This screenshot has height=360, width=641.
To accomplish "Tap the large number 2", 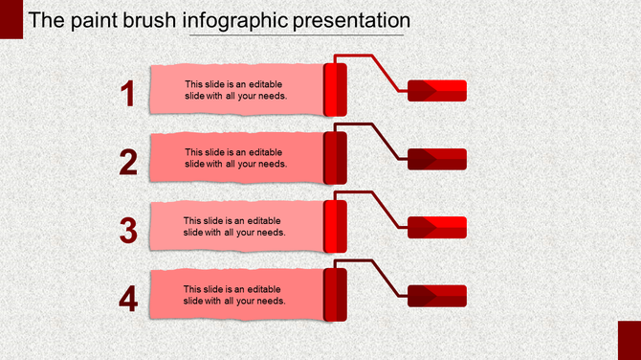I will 129,163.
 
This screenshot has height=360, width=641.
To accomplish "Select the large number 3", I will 129,231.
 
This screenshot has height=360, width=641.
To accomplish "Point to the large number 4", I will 129,300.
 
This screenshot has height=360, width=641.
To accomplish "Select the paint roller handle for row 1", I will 437,91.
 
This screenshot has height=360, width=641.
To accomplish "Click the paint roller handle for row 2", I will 437,159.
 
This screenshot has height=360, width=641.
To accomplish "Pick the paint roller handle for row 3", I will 437,227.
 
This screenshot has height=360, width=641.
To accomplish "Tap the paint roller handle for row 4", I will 437,296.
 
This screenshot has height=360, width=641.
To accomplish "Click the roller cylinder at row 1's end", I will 335,89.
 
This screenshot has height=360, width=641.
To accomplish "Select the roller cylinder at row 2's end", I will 335,157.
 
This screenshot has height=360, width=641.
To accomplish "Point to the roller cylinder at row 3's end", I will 335,226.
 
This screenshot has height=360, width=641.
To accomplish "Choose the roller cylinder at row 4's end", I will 335,294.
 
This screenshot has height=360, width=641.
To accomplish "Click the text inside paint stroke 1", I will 235,89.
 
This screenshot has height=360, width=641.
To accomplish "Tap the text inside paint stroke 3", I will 235,226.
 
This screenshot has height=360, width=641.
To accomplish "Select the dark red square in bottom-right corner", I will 629,341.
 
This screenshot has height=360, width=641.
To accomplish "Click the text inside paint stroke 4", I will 235,295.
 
